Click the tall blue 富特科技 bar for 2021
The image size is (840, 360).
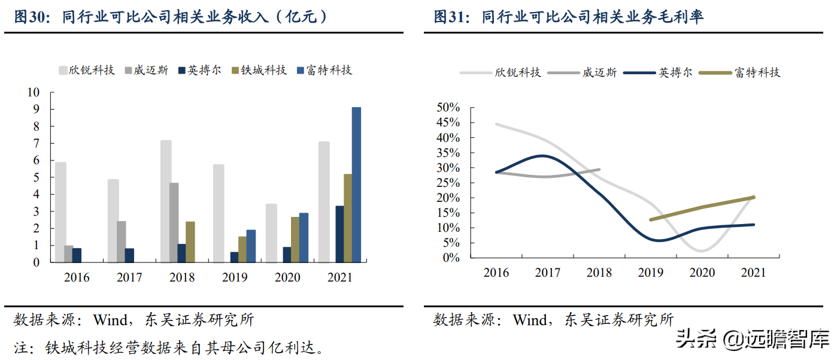[356, 184]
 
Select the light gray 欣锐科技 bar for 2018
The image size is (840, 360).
[166, 201]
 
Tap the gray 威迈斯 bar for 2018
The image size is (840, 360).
[174, 222]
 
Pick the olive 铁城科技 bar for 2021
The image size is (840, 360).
[348, 218]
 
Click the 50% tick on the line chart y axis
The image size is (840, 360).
[448, 108]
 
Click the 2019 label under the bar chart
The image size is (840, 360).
[235, 277]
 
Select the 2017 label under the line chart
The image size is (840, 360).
[548, 273]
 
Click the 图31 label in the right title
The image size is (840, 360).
[450, 17]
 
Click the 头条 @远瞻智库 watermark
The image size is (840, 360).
[753, 340]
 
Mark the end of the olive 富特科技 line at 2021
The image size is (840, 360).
[753, 197]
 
